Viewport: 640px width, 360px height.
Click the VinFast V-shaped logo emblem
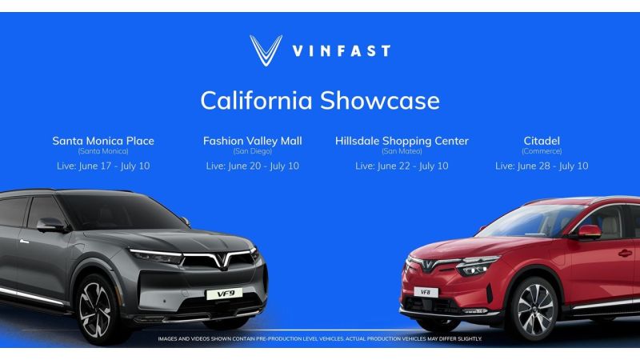[266, 50]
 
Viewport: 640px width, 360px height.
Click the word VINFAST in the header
[342, 51]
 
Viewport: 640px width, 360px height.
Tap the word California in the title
[256, 101]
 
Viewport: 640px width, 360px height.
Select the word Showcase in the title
[380, 101]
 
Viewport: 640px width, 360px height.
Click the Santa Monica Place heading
[103, 141]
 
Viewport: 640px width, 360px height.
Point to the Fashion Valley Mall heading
[253, 141]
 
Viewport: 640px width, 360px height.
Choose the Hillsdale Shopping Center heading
[402, 141]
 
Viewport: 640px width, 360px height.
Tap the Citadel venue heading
[542, 141]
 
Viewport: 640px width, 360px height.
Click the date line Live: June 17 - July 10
[103, 166]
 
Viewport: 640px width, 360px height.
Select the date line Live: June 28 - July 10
[542, 166]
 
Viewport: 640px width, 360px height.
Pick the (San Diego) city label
[253, 151]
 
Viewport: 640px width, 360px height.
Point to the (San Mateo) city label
[402, 151]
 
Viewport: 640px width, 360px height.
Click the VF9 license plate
[224, 294]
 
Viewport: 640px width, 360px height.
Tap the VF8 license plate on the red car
[426, 292]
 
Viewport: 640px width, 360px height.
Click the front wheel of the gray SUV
[96, 310]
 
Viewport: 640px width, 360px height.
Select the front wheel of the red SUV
[534, 310]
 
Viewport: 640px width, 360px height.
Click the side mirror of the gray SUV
[51, 225]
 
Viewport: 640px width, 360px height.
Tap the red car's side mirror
[589, 231]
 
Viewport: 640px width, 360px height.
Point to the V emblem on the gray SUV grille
[221, 260]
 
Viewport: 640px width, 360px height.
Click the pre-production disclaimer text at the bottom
[320, 338]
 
